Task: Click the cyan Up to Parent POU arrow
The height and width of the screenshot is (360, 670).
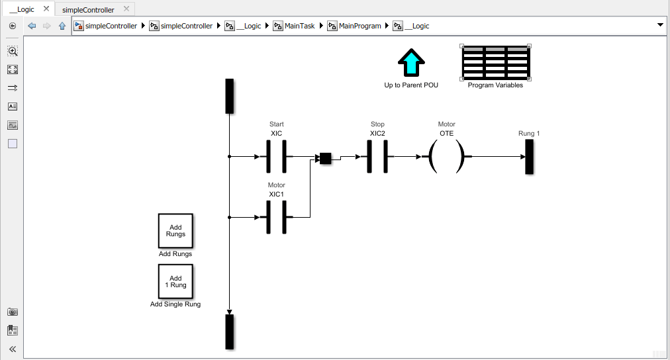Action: [411, 62]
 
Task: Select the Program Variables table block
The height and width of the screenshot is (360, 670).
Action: [496, 62]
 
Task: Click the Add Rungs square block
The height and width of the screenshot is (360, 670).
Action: [175, 230]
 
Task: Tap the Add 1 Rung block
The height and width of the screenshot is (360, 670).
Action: [175, 281]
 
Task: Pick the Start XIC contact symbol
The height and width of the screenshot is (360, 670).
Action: [277, 157]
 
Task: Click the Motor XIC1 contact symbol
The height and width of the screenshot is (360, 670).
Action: [277, 217]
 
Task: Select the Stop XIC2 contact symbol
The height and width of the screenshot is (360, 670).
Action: [377, 157]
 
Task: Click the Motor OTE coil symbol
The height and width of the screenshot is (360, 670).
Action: [446, 157]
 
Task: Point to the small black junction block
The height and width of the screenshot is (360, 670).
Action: [326, 158]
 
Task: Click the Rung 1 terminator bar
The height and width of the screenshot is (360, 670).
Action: [530, 157]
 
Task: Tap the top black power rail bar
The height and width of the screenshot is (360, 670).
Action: [230, 96]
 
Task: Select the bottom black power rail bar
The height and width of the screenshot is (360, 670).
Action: [230, 332]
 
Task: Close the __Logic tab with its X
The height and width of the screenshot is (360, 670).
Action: [46, 9]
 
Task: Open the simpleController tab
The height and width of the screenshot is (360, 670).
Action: [88, 9]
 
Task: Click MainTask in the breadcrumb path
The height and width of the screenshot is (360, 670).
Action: [299, 26]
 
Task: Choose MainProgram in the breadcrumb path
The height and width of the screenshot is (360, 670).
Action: [359, 26]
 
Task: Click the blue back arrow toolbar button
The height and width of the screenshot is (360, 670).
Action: [32, 26]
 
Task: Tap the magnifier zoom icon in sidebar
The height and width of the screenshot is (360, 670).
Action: [13, 51]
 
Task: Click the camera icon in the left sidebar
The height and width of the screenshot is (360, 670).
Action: [13, 312]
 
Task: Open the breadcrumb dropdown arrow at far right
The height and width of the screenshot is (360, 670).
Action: [660, 25]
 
